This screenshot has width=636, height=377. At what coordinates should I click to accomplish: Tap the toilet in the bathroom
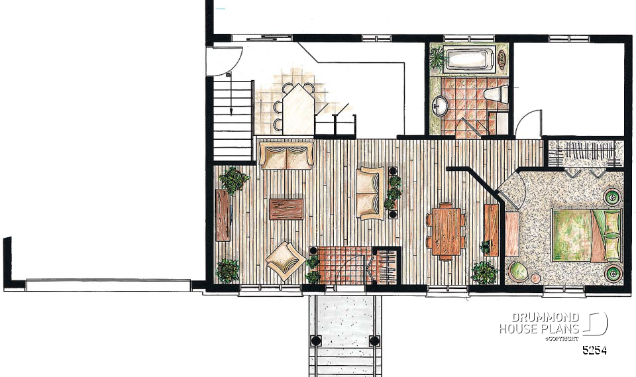(496, 94)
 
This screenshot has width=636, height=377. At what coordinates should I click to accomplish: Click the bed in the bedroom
(586, 235)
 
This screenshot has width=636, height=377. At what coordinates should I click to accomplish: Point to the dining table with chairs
(446, 231)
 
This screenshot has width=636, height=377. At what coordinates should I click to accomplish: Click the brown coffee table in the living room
(286, 209)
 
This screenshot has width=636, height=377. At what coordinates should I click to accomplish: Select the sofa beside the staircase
(286, 155)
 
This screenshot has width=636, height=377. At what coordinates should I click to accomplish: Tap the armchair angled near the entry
(286, 260)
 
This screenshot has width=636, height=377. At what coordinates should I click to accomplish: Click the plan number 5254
(595, 350)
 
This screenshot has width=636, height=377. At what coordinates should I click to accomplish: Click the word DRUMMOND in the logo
(545, 317)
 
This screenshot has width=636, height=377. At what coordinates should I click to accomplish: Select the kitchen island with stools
(298, 109)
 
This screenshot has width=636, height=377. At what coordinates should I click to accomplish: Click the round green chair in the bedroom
(517, 271)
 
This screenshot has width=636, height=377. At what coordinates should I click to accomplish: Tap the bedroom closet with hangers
(586, 154)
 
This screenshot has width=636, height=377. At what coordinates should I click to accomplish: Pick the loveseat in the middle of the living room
(370, 193)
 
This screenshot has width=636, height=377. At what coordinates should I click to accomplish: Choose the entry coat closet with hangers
(387, 266)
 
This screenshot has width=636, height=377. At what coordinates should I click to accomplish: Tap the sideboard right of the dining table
(492, 230)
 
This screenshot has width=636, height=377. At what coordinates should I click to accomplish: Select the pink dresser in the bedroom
(512, 234)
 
